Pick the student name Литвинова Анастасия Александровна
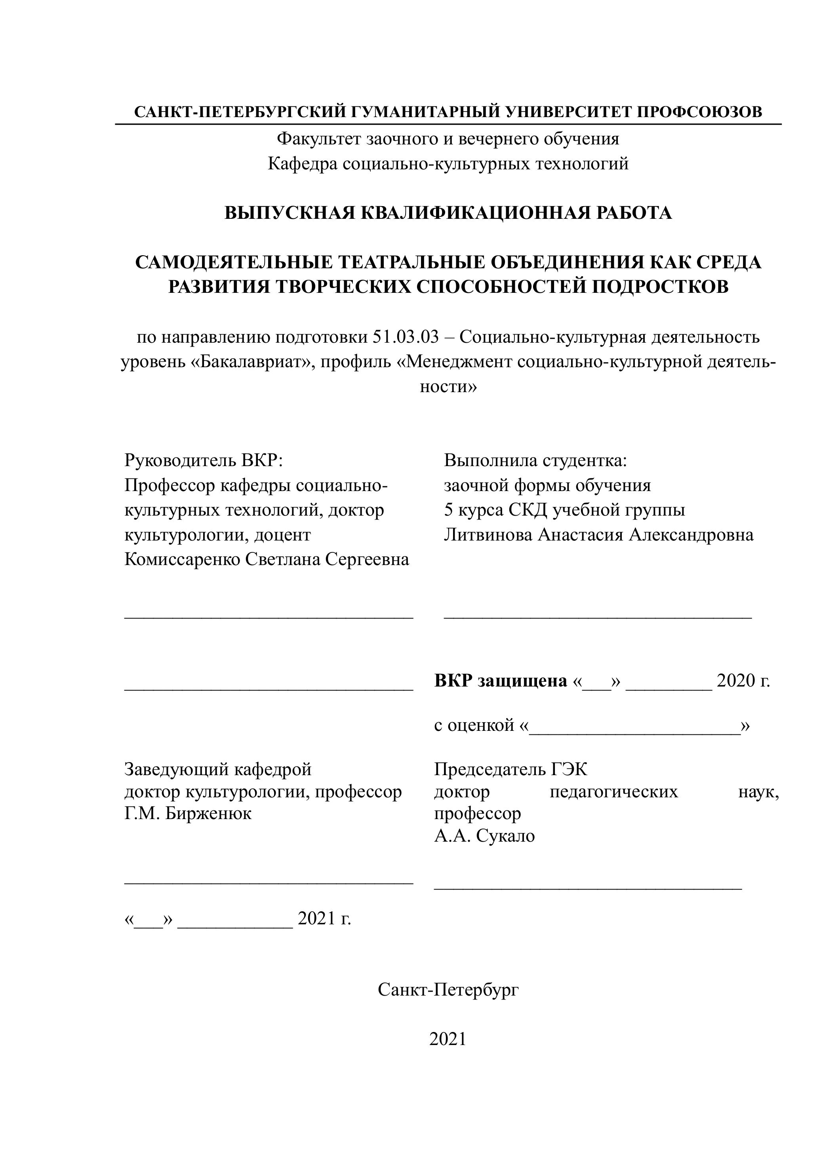(598, 535)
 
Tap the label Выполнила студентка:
(535, 460)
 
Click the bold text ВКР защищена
(500, 681)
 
